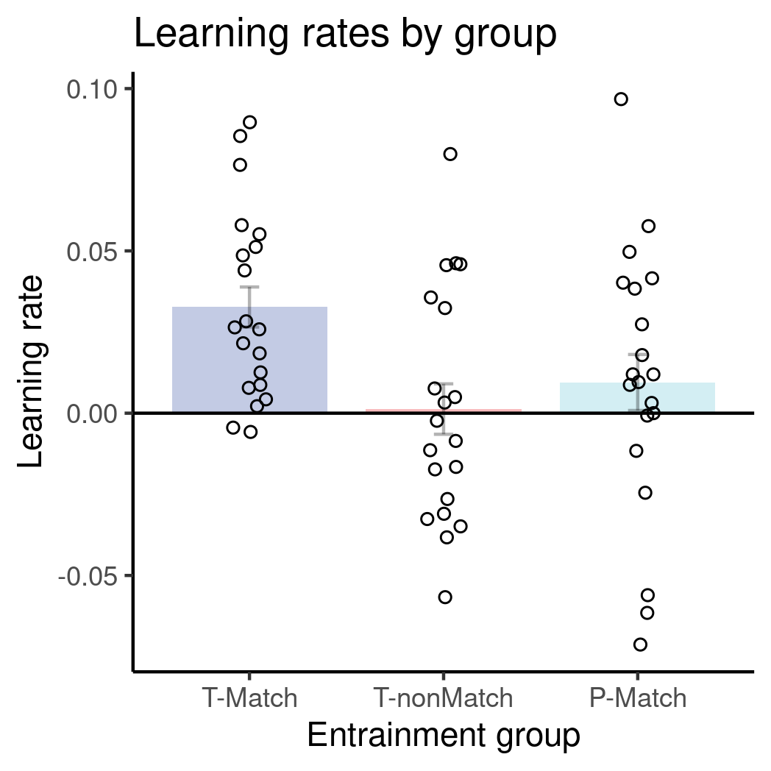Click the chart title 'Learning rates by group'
[344, 35]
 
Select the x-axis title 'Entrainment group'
[443, 736]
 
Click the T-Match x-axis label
[249, 697]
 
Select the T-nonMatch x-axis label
[443, 697]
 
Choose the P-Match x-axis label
[638, 697]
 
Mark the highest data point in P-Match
[621, 99]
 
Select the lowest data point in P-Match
[640, 644]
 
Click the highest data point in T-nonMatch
[450, 154]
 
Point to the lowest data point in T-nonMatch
[445, 597]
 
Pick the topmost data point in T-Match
[249, 122]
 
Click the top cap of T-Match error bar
[249, 287]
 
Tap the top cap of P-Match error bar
[637, 355]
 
